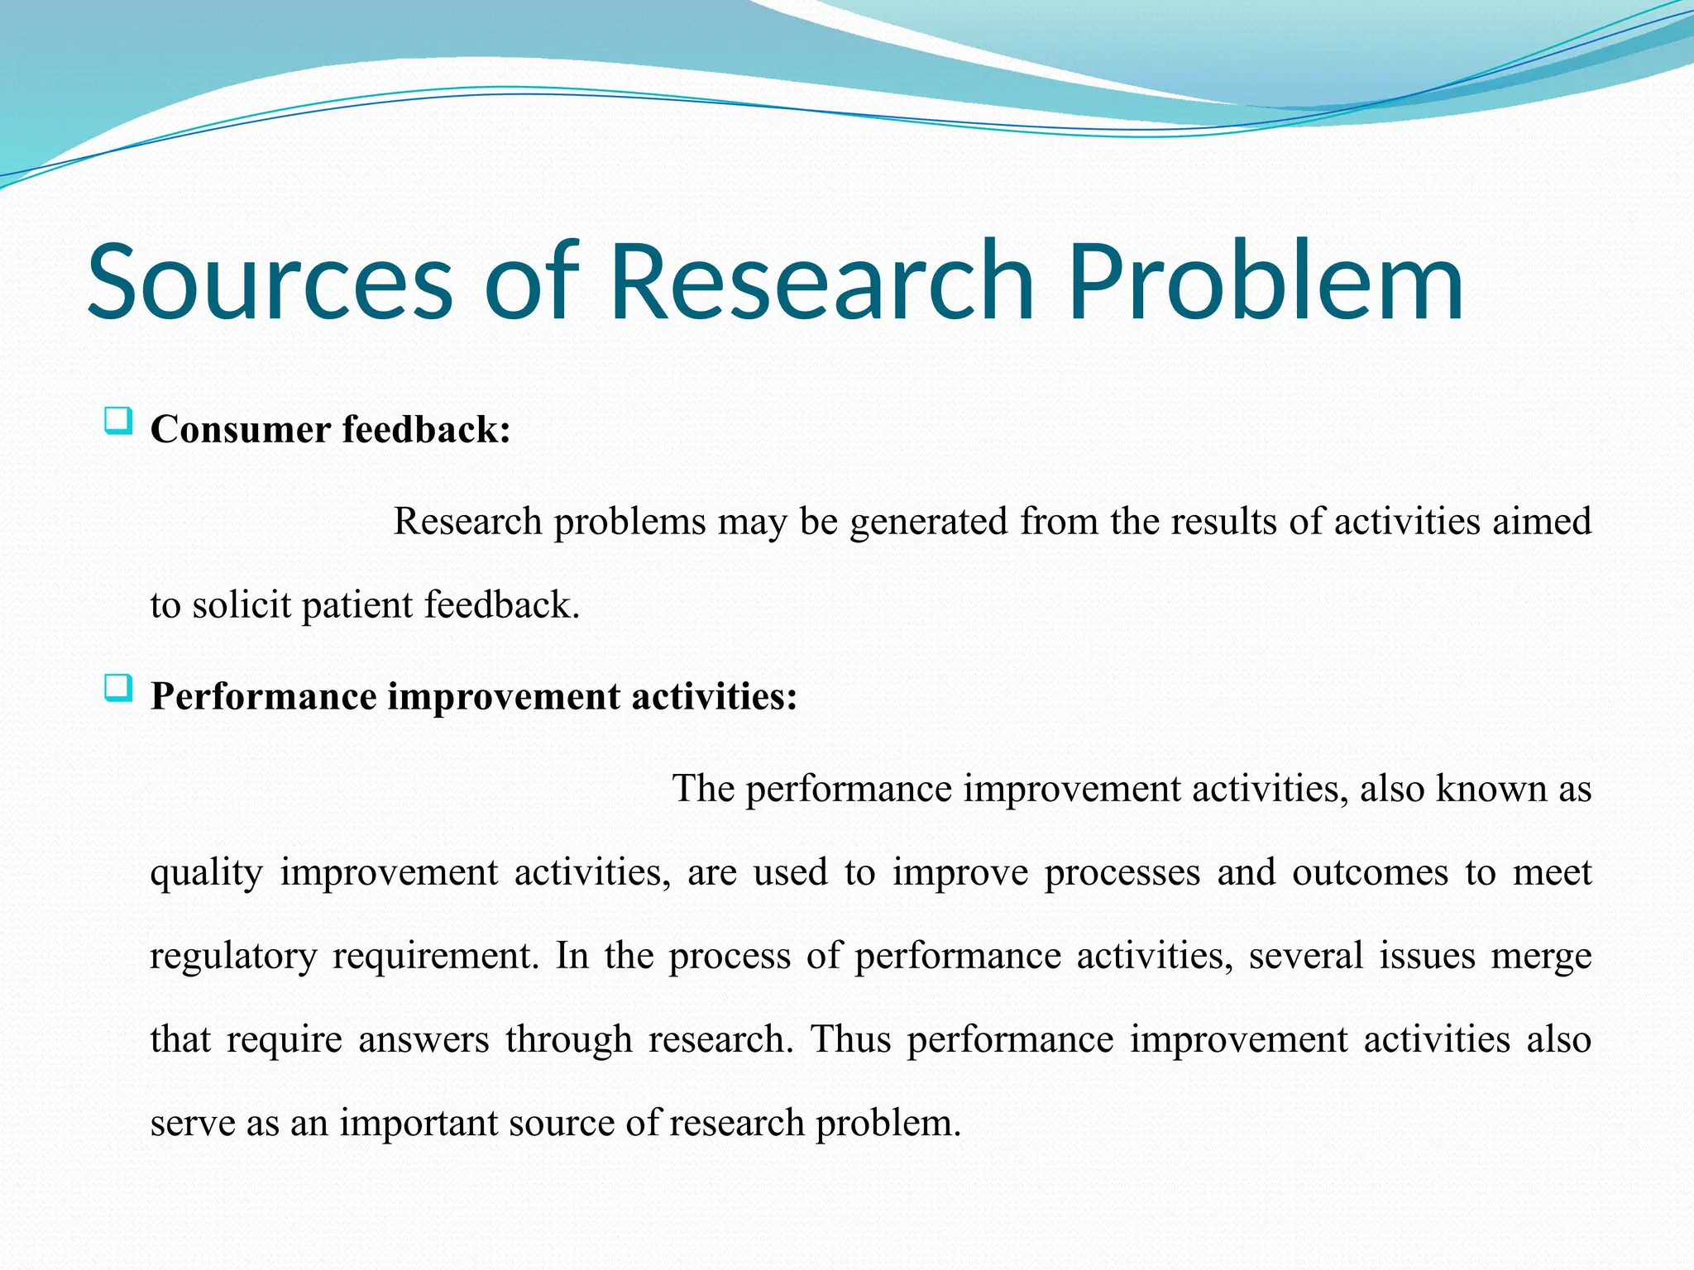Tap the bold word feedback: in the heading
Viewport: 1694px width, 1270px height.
click(x=426, y=430)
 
